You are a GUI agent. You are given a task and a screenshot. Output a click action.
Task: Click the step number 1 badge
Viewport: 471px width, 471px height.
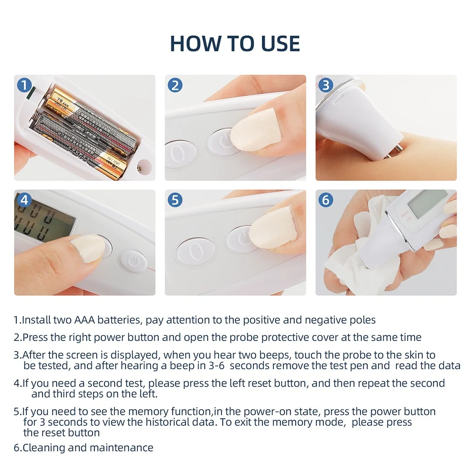pos(24,85)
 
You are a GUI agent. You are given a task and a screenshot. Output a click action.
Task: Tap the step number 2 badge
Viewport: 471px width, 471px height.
pos(175,85)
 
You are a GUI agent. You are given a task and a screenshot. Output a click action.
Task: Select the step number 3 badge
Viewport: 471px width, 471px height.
pos(326,85)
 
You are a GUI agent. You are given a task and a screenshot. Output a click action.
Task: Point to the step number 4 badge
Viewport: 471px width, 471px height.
pos(24,200)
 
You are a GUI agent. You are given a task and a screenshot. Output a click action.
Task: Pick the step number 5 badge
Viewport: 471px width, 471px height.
pos(175,200)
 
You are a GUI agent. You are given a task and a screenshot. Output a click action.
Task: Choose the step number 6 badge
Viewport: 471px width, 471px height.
pos(326,200)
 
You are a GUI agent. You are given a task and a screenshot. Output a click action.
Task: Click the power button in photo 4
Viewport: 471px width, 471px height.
pos(133,261)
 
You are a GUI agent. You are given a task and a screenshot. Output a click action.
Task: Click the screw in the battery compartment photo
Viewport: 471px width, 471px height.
pos(140,168)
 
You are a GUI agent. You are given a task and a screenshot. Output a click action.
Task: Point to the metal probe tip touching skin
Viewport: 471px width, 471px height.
pos(397,150)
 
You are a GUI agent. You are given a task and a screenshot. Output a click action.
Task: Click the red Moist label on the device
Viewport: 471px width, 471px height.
pos(405,213)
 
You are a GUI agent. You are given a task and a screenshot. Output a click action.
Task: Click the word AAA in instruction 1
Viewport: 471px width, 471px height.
pos(84,320)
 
